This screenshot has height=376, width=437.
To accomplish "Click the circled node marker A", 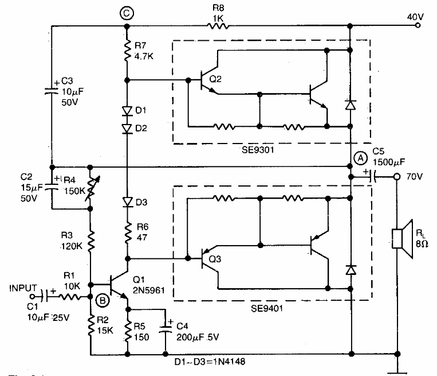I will point(360,157).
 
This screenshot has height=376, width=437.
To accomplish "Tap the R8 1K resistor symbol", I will point(217,26).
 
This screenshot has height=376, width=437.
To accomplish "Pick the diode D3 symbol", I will point(127,201).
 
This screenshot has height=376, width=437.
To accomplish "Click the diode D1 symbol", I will point(127,110).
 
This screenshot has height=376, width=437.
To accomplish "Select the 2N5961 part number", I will point(151,291).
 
